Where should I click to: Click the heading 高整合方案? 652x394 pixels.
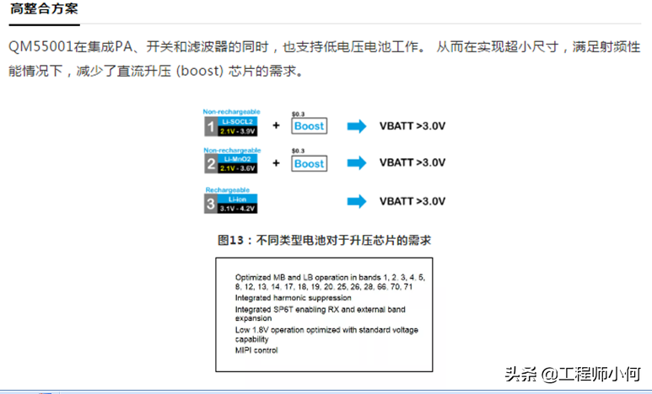click(45, 11)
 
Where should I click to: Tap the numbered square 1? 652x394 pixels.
click(210, 127)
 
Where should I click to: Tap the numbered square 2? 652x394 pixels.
click(210, 163)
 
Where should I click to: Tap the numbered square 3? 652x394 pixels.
click(210, 203)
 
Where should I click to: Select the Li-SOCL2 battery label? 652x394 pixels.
click(238, 122)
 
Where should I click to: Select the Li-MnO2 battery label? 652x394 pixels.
click(238, 158)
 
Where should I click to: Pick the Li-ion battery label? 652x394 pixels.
click(238, 198)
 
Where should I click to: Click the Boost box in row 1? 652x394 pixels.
click(309, 126)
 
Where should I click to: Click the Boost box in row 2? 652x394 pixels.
click(309, 163)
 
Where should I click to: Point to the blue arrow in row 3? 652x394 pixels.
click(357, 201)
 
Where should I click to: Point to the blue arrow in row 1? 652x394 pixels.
click(357, 126)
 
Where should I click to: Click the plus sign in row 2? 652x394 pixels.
click(276, 162)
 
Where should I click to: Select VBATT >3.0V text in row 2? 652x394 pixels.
click(412, 162)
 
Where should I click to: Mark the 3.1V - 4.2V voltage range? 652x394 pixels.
click(238, 208)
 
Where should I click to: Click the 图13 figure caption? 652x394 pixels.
click(325, 240)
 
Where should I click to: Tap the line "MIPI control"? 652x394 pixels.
click(256, 350)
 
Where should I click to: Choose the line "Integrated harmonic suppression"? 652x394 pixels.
click(293, 298)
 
